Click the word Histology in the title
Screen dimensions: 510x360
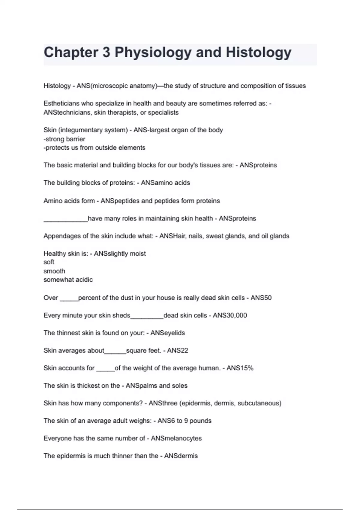click(258, 52)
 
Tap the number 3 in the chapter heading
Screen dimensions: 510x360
click(106, 52)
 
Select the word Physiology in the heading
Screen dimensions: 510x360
click(153, 52)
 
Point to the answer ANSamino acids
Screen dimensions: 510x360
click(165, 183)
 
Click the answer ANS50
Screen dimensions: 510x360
click(261, 298)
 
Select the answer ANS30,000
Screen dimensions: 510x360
click(230, 315)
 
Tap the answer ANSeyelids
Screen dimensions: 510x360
click(168, 333)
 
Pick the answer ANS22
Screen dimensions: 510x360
click(178, 350)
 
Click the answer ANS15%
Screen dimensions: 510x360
click(240, 368)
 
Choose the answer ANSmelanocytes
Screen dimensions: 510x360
click(176, 438)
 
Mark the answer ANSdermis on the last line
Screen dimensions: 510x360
click(181, 456)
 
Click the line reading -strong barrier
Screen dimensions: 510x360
click(64, 139)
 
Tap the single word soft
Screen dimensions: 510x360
click(49, 262)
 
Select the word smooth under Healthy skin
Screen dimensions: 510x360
click(54, 271)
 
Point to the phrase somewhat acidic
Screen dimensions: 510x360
click(68, 280)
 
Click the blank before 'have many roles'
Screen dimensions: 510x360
click(65, 219)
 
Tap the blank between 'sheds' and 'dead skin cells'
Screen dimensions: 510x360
click(147, 316)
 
